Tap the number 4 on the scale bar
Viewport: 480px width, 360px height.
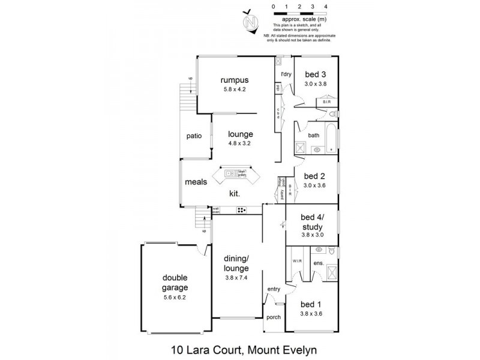click(x=326, y=6)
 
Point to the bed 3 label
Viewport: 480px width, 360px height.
click(x=314, y=74)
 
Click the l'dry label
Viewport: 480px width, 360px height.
click(x=286, y=74)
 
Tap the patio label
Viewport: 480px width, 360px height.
click(x=193, y=136)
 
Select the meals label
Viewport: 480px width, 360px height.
click(x=196, y=181)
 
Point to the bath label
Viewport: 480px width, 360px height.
click(x=314, y=136)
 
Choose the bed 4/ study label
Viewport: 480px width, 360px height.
click(x=312, y=223)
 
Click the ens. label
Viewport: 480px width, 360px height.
click(x=319, y=263)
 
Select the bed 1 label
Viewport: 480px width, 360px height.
click(x=311, y=303)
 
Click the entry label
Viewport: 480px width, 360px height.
click(x=274, y=289)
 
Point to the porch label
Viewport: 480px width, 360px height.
click(x=274, y=317)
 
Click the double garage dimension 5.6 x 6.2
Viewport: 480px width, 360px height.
click(x=175, y=296)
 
